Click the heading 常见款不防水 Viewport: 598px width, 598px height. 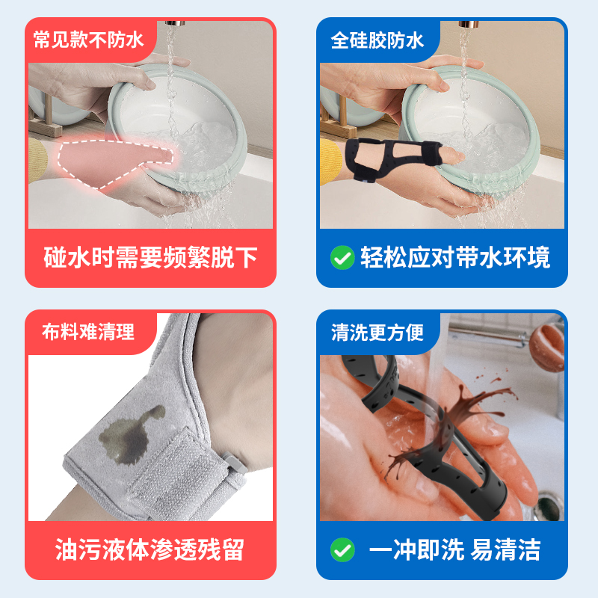(88, 40)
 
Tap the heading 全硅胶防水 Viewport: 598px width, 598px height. (377, 40)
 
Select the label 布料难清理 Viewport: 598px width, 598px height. (88, 331)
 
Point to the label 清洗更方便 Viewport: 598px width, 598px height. (377, 332)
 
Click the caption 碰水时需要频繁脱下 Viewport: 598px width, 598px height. (151, 257)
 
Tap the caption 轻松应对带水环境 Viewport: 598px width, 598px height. (455, 257)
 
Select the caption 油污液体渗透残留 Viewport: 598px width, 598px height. (150, 549)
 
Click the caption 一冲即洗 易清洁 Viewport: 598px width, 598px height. (454, 549)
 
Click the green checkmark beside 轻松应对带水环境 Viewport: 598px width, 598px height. (342, 257)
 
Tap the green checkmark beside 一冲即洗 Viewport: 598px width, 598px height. (342, 549)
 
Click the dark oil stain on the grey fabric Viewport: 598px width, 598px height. (128, 437)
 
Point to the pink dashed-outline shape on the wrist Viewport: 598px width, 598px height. (113, 162)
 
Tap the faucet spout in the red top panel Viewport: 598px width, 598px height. (175, 24)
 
